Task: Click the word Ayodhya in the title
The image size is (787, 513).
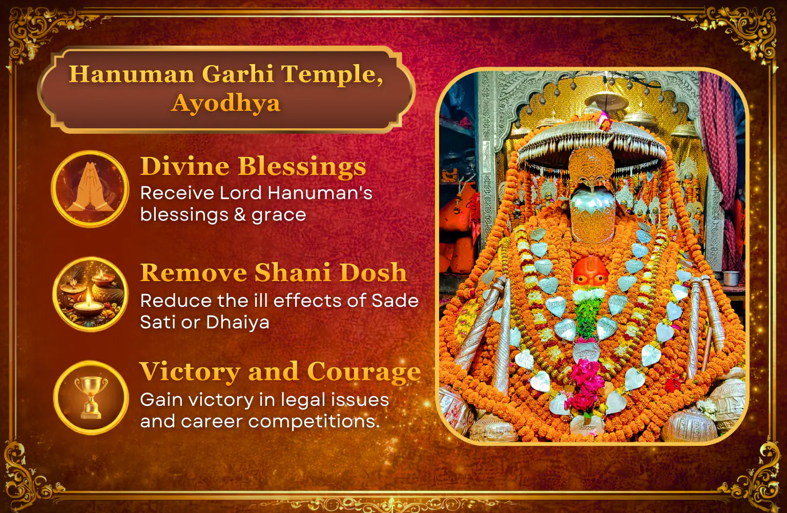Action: point(226,104)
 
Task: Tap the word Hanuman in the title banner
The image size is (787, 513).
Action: point(131,74)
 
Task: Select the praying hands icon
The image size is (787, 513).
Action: point(90,189)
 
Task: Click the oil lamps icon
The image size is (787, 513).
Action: point(90,294)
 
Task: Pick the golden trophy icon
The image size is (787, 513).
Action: point(91,398)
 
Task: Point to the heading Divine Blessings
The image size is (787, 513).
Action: point(253,166)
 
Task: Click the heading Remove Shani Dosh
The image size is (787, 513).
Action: point(273,272)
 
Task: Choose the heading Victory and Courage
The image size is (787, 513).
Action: point(280,371)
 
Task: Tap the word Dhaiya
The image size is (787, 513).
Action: point(238,322)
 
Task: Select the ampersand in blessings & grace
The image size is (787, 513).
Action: point(240,214)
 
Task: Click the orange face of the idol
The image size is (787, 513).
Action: point(591,271)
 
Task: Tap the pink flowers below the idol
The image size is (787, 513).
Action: point(585,384)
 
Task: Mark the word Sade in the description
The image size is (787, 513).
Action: point(395,301)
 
